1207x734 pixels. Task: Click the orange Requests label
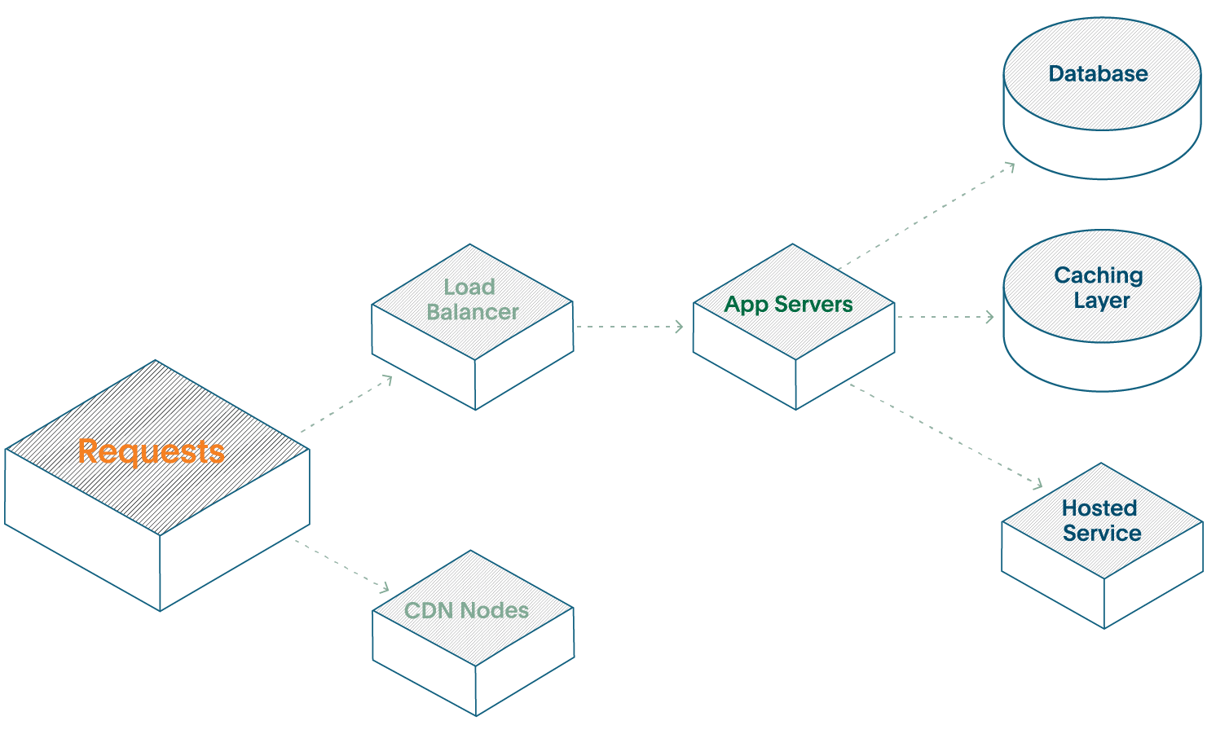click(152, 451)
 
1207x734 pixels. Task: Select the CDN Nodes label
click(467, 610)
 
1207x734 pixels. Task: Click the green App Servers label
click(789, 305)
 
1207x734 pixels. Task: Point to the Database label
click(1098, 74)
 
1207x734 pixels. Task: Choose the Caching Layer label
click(1099, 288)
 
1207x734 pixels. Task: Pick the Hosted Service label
click(1101, 521)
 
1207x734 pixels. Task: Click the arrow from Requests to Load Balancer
click(346, 404)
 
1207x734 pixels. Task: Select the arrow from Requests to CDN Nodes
click(342, 564)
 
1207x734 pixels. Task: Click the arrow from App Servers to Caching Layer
click(945, 317)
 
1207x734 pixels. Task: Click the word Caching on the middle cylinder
click(1098, 275)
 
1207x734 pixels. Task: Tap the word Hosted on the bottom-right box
click(1099, 508)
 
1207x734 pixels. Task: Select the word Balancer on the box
click(473, 313)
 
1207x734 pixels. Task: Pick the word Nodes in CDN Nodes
click(494, 610)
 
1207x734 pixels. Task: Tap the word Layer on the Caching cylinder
click(1101, 300)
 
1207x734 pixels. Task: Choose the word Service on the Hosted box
click(1102, 534)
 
